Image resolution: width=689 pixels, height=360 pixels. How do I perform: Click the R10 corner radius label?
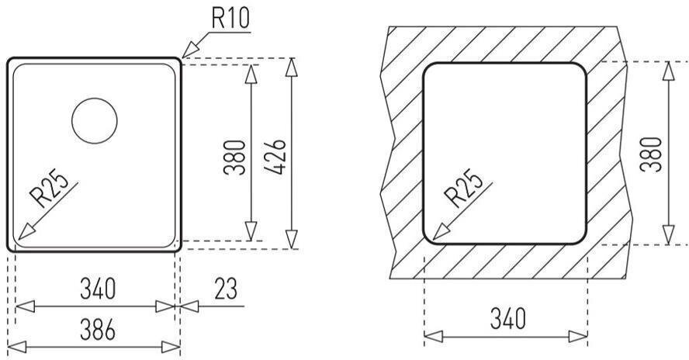click(230, 18)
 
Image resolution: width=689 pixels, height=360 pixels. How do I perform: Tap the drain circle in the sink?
click(95, 120)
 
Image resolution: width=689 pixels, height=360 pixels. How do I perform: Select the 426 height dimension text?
click(276, 157)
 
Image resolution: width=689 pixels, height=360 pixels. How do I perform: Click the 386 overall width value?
click(98, 330)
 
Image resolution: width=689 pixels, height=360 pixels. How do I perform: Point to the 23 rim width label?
click(226, 289)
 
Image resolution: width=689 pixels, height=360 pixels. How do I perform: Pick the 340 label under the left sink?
click(98, 289)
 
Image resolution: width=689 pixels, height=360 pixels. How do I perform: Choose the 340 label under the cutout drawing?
click(508, 319)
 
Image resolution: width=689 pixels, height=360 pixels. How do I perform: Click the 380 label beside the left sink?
click(234, 157)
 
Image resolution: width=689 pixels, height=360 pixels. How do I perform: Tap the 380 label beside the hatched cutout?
click(651, 154)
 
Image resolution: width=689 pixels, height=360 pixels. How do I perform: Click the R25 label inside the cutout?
click(463, 188)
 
